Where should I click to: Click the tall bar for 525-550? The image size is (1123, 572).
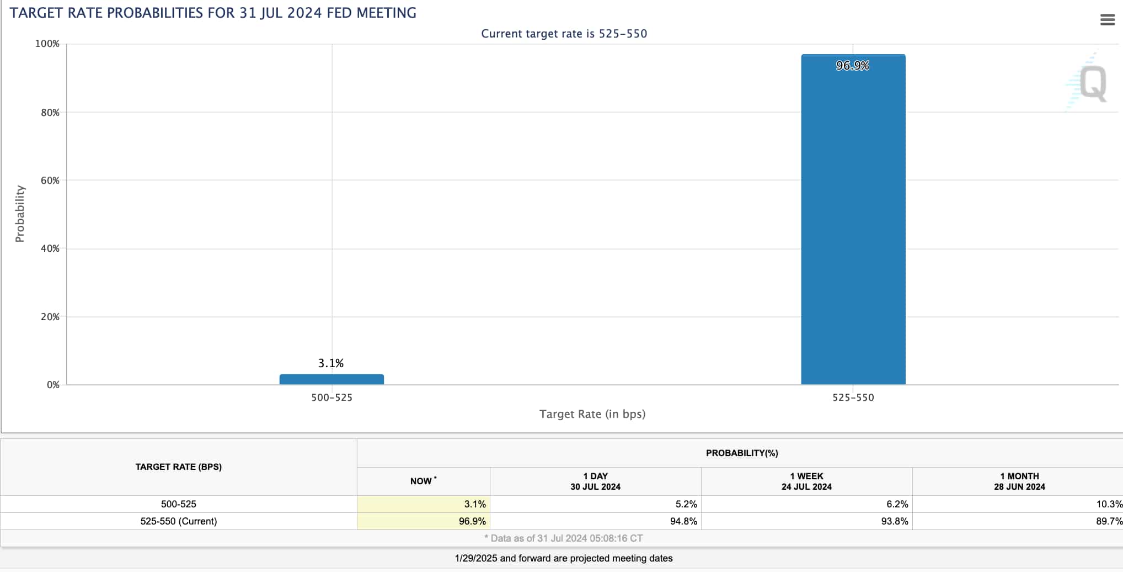point(853,221)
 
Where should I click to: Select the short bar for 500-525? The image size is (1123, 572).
point(331,379)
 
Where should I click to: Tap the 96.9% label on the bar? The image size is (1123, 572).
point(852,66)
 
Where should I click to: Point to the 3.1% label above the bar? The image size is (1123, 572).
point(331,363)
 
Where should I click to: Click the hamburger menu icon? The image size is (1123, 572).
point(1107,20)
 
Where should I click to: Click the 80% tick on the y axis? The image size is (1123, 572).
point(50,113)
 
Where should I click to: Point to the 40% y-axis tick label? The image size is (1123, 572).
point(50,248)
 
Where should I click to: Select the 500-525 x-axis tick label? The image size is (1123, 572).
point(331,398)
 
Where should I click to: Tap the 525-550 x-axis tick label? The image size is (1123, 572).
point(853,398)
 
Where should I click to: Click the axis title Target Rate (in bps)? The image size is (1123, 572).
point(592,414)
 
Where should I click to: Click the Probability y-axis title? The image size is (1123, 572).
point(20,214)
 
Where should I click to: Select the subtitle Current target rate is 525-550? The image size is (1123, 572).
point(564,34)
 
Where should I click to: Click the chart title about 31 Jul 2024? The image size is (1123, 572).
point(213,13)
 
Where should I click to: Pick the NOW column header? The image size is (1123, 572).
point(423,481)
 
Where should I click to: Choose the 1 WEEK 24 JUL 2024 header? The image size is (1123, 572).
point(806,481)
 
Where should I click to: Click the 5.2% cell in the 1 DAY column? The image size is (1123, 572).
point(686,504)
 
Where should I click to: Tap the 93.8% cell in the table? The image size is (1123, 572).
point(894,521)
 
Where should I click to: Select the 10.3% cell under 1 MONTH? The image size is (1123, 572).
point(1109,504)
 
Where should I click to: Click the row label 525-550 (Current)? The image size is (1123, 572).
point(178,521)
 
